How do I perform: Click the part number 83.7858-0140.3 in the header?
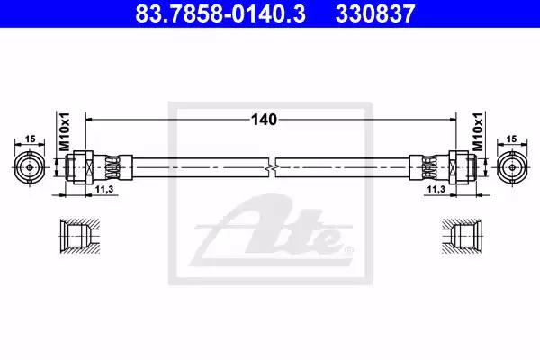[220, 13]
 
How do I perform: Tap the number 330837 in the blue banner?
[375, 13]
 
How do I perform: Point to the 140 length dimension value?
[264, 120]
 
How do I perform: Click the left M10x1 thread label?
[65, 131]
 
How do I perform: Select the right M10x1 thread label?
[478, 131]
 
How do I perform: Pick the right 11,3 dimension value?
[436, 189]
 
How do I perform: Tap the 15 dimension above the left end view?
[31, 139]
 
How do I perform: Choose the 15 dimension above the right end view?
[512, 139]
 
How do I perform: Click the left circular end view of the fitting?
[30, 167]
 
